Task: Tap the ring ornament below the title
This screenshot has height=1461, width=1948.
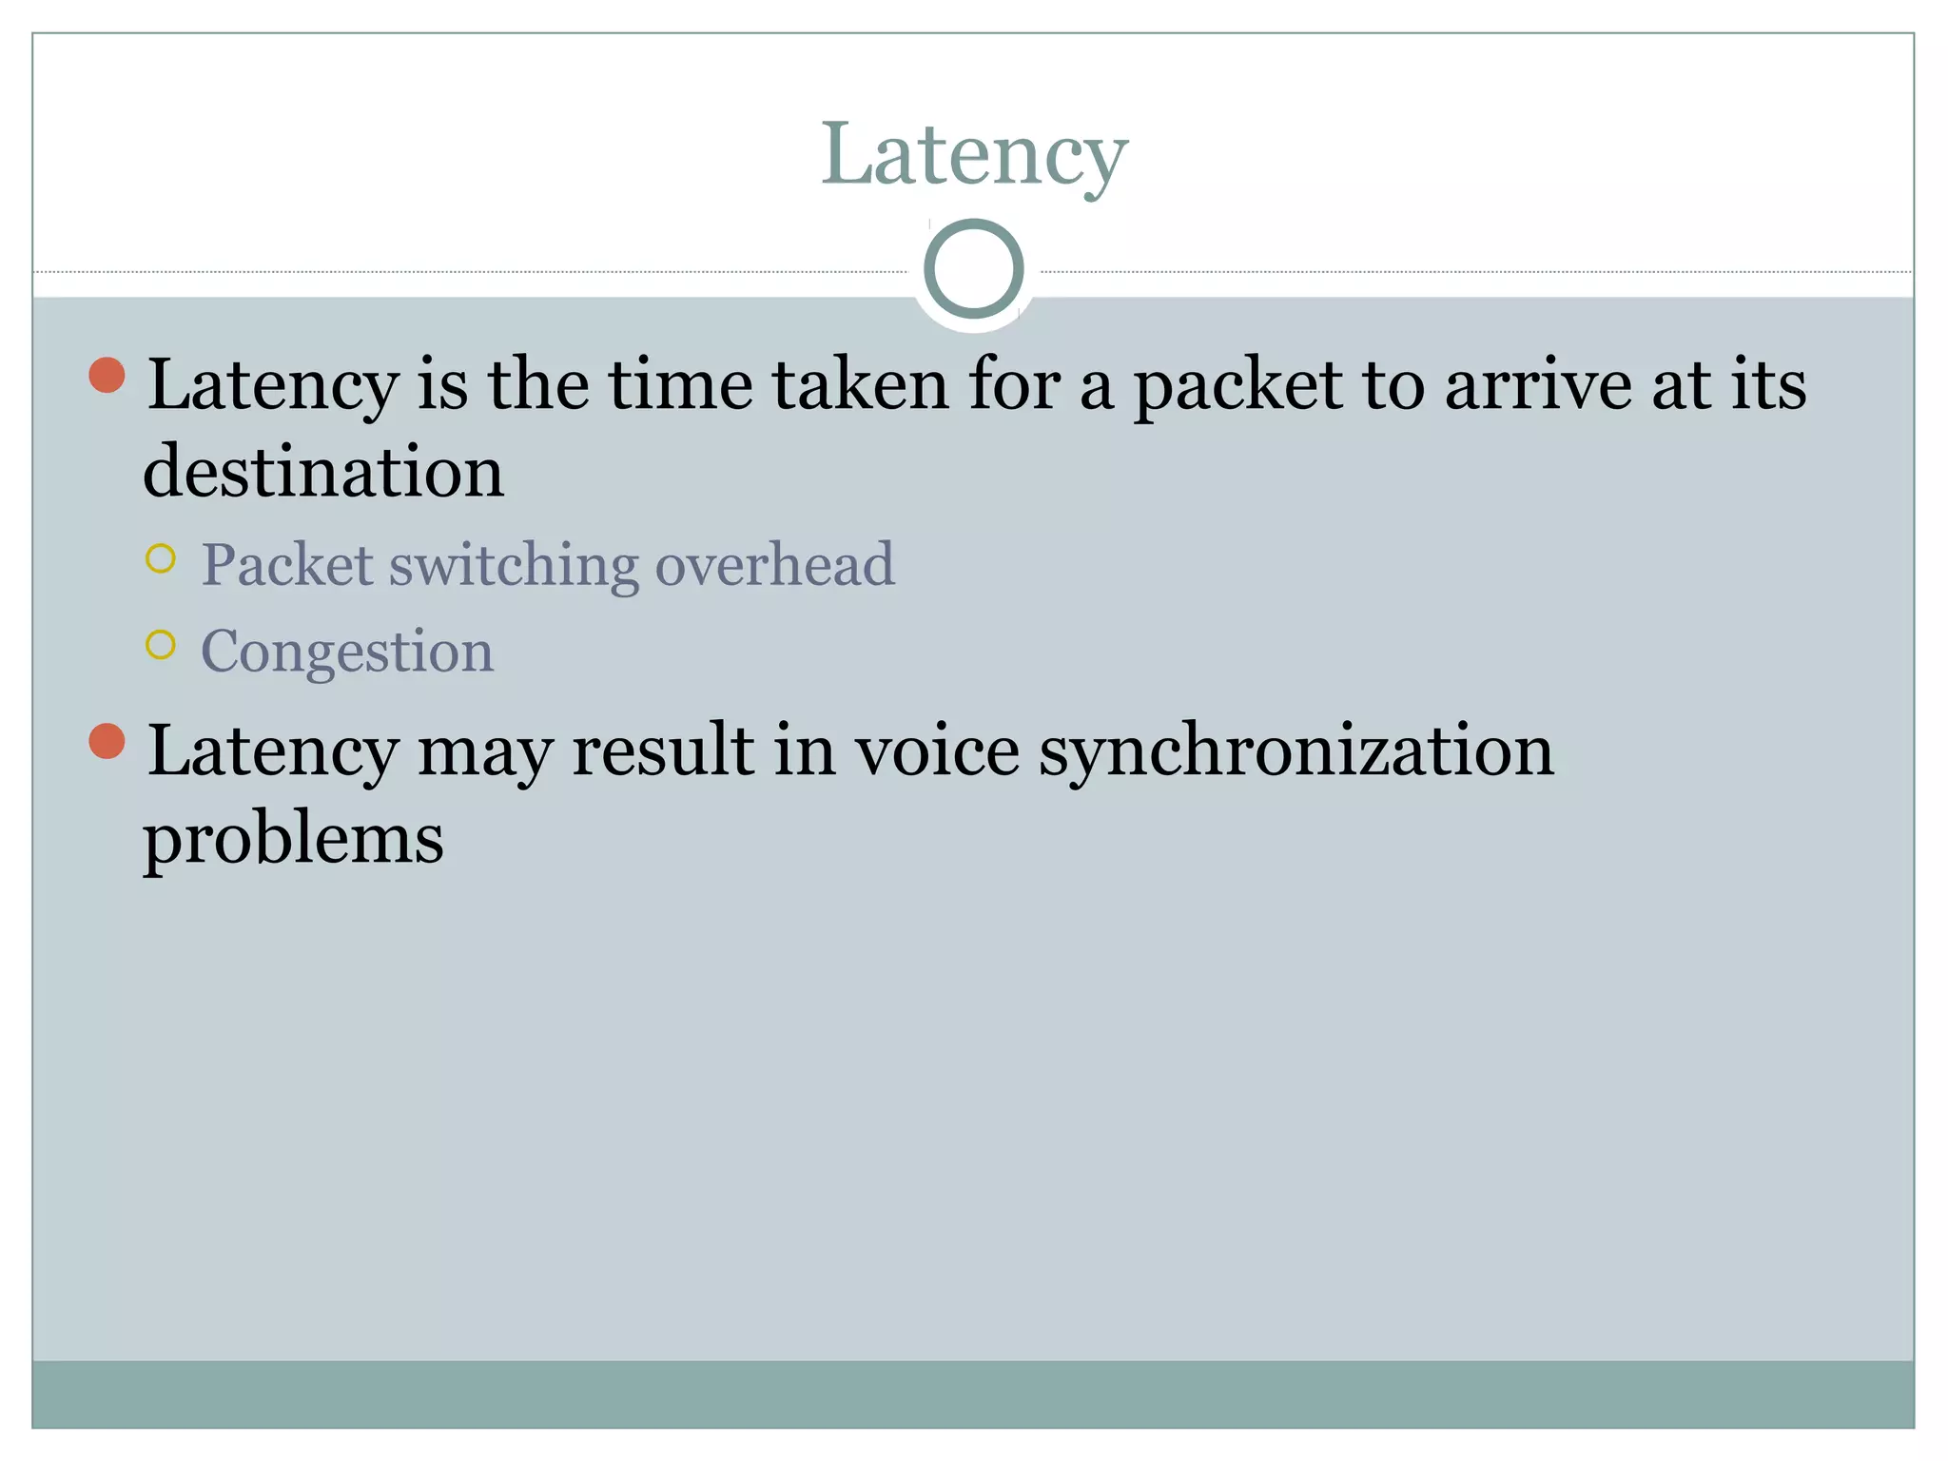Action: coord(973,268)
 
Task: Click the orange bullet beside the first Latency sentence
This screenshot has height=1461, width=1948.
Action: coord(107,375)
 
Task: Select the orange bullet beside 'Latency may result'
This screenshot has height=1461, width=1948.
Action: coord(107,741)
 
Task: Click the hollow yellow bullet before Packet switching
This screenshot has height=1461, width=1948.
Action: coord(161,558)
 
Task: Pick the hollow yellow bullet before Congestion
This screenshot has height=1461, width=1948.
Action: coord(161,645)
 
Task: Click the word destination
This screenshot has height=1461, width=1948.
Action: coord(323,472)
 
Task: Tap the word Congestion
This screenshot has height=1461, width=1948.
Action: coord(347,652)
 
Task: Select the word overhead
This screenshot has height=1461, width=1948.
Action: coord(775,565)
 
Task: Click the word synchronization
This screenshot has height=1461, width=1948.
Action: coord(1296,751)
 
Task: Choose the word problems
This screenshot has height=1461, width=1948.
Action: coord(293,841)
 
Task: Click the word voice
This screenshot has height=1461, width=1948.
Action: coord(937,750)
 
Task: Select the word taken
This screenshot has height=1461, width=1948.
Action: coord(861,384)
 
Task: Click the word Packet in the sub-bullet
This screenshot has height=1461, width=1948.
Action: coord(287,565)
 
